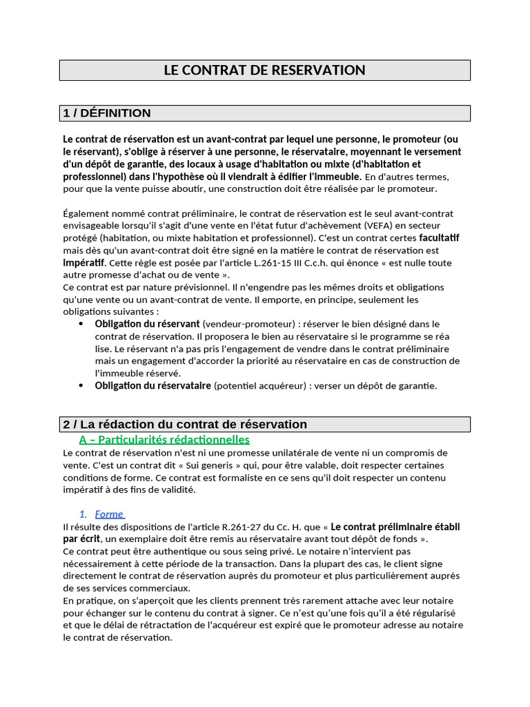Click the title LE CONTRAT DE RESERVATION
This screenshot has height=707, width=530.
click(264, 70)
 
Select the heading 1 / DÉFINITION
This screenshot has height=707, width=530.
click(107, 113)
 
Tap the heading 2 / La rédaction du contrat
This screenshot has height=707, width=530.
click(185, 425)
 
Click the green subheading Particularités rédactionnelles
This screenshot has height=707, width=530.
click(164, 440)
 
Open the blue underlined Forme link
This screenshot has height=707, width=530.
click(109, 514)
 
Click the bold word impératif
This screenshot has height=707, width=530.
click(84, 263)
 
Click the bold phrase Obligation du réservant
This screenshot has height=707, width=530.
click(147, 324)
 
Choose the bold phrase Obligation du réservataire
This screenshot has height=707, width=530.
click(153, 386)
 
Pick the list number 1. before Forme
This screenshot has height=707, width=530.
click(84, 514)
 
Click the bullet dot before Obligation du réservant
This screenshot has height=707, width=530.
click(82, 324)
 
